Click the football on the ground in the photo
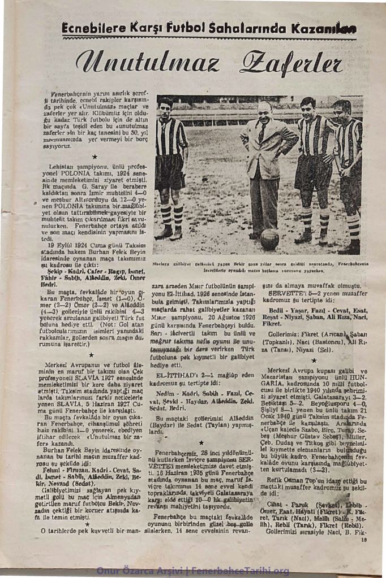[269, 239]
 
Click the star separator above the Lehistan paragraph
[94, 157]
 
